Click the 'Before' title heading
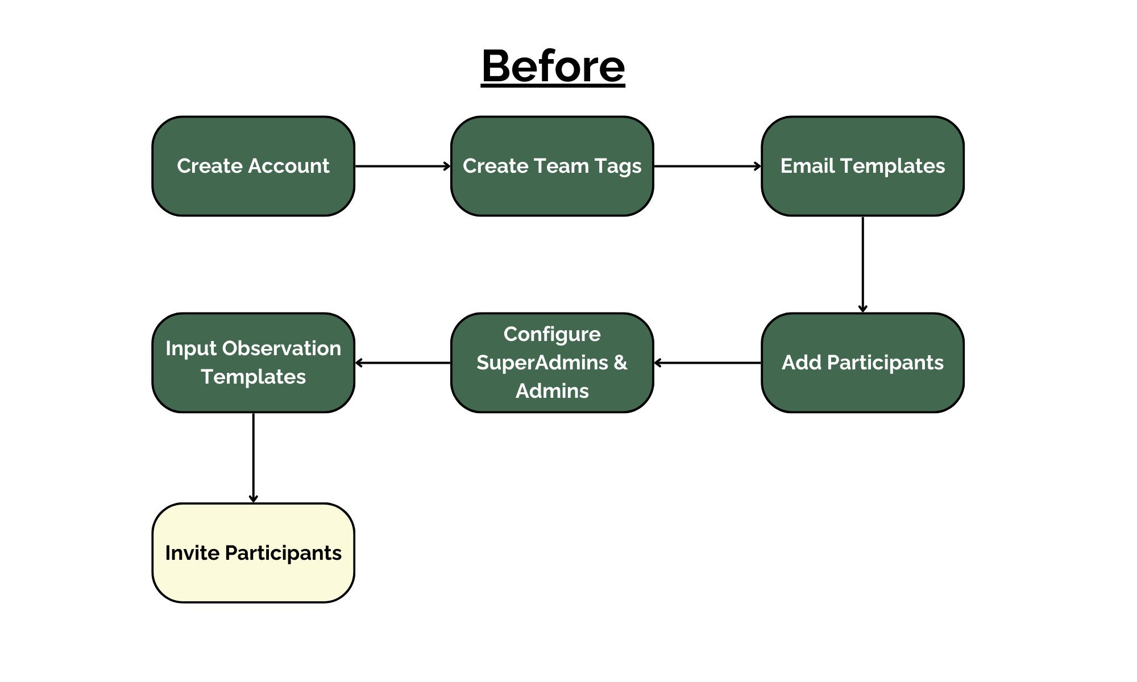pos(553,66)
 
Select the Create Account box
pos(253,166)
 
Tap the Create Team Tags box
pos(552,166)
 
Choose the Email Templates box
pos(862,166)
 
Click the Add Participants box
pos(862,363)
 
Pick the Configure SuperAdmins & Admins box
pos(552,363)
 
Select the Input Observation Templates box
pos(253,363)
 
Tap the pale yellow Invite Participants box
pos(253,553)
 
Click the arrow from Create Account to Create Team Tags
pos(402,166)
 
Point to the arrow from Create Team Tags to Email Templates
pos(707,166)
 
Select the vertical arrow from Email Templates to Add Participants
pos(862,264)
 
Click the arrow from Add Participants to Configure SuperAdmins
pos(707,363)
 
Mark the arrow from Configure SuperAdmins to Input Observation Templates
pos(402,363)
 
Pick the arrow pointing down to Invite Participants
pos(253,458)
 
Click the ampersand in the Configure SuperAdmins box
pos(620,363)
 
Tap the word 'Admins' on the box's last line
pos(552,391)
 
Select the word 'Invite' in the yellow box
pos(192,553)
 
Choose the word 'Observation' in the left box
pos(281,348)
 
